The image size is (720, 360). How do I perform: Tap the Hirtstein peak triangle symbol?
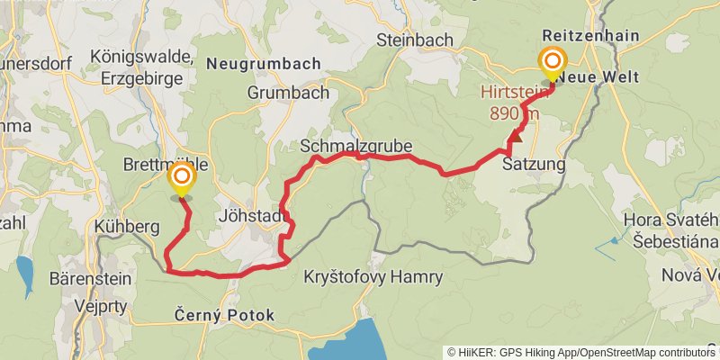[x=516, y=139]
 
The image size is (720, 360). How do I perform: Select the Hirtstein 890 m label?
[x=509, y=103]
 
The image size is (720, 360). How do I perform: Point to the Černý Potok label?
[x=222, y=316]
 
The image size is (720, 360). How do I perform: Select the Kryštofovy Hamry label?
[x=373, y=276]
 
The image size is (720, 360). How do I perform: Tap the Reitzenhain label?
[x=591, y=35]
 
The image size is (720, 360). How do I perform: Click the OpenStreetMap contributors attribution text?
[x=644, y=352]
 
